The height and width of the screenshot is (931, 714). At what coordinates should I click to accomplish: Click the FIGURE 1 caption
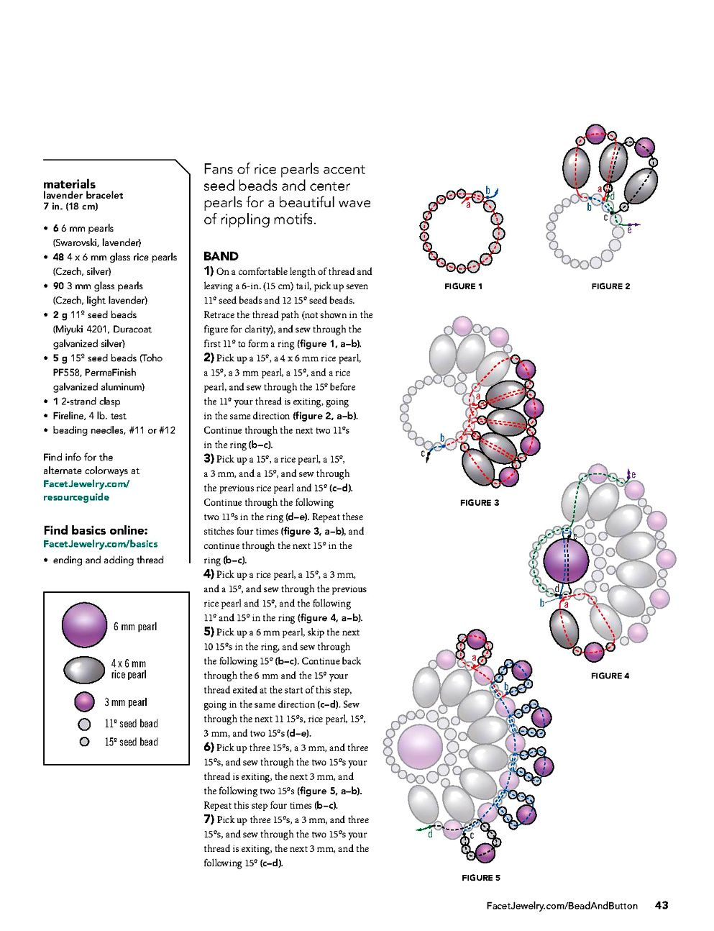tap(463, 286)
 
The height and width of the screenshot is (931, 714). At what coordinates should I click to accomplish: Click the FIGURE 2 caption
tap(610, 286)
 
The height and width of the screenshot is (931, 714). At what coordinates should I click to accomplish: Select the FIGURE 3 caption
tap(479, 503)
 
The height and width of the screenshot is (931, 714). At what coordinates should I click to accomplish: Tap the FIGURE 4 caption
tap(610, 676)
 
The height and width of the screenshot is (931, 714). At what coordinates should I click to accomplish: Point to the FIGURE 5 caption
tap(480, 878)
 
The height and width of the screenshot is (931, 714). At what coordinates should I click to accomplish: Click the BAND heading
tap(221, 256)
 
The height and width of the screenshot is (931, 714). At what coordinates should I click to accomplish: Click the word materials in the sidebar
tap(69, 184)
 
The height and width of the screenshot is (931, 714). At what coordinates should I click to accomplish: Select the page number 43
tap(662, 905)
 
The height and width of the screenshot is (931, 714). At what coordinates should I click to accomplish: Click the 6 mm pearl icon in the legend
tap(85, 625)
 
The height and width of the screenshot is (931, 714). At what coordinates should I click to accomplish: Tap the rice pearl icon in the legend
tap(85, 670)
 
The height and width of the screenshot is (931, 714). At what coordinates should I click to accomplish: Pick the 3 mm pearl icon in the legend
tap(85, 701)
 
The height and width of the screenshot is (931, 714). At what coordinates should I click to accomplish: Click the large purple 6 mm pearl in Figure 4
tap(566, 562)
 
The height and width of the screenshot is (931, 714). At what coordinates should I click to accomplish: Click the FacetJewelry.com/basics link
tap(100, 544)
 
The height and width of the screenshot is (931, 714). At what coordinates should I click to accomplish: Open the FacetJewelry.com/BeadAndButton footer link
tap(562, 906)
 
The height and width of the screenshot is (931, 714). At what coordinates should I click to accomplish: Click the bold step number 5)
tap(209, 632)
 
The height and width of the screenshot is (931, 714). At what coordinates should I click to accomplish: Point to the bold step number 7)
tap(209, 819)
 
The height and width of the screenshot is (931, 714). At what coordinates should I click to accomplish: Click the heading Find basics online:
tap(95, 530)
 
